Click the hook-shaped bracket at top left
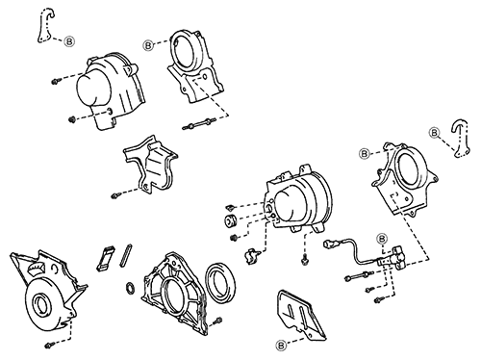click(x=43, y=26)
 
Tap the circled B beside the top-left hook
click(x=72, y=41)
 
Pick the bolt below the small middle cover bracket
click(x=116, y=196)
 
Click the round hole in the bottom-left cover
click(x=42, y=307)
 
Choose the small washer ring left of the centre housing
click(x=130, y=286)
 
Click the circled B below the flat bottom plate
click(x=281, y=344)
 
